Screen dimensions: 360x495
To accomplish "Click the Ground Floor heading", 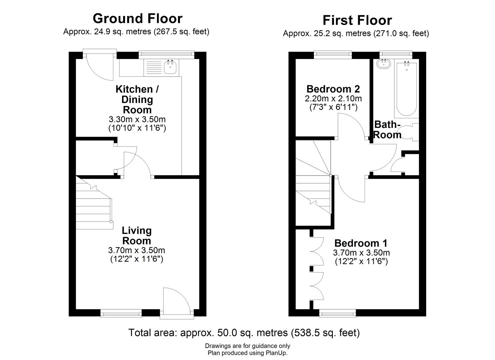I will (137, 19).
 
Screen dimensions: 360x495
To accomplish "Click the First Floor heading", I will (357, 20).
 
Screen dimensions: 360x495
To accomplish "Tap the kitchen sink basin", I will (170, 68).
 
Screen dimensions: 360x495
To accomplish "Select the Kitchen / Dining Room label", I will (137, 99).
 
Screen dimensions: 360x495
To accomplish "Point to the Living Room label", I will (137, 235).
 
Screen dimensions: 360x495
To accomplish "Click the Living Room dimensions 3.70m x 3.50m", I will (137, 250).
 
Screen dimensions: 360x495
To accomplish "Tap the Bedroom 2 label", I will (333, 89).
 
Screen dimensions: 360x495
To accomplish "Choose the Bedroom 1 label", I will (361, 243).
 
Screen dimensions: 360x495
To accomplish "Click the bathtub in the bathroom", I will (406, 88).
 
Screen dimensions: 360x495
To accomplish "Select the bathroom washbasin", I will (384, 64).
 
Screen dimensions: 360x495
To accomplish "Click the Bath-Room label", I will (387, 129).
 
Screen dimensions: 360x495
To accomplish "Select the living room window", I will (121, 313).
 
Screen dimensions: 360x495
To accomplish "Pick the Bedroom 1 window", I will (337, 313).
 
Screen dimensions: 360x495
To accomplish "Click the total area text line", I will (244, 333).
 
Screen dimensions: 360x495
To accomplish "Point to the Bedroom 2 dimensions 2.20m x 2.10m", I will (333, 99).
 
